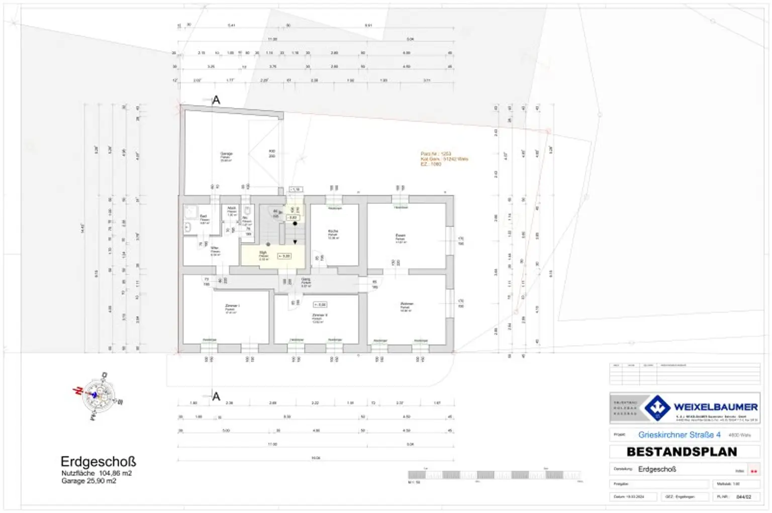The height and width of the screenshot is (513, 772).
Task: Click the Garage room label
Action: click(226, 154)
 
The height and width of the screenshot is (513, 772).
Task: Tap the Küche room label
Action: click(333, 232)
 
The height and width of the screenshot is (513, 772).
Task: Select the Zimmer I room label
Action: click(232, 306)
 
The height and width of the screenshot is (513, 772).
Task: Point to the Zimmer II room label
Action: click(319, 316)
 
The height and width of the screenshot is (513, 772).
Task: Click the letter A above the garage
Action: click(216, 100)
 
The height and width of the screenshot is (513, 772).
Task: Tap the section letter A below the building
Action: click(216, 396)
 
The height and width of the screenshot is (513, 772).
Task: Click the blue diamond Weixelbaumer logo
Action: click(657, 407)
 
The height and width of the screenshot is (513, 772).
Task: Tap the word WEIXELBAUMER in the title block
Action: click(715, 406)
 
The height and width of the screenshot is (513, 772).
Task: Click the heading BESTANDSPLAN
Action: click(682, 452)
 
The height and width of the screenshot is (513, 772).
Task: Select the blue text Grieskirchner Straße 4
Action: click(679, 435)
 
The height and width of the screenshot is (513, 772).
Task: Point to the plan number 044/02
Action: click(743, 497)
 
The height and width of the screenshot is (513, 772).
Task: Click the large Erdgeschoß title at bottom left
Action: click(98, 461)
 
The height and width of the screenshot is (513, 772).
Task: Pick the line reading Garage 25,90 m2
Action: click(88, 481)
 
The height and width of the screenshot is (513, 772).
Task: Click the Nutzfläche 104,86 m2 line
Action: click(96, 473)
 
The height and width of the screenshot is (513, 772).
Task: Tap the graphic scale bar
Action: click(494, 475)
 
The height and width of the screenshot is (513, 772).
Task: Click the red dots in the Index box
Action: click(753, 471)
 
